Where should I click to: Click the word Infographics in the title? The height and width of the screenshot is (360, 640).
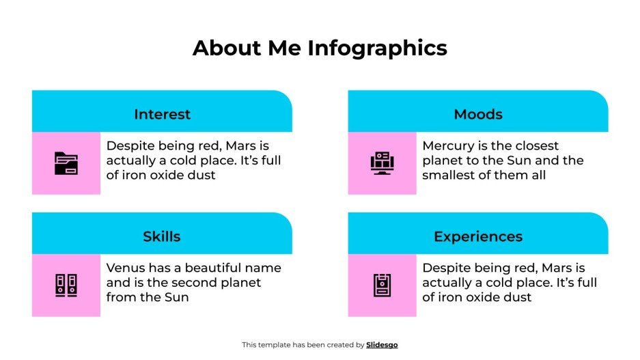(x=378, y=48)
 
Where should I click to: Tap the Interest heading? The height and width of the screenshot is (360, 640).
(x=162, y=114)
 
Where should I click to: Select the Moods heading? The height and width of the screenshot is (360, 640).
(x=478, y=114)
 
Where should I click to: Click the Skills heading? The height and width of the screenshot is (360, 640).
(x=162, y=236)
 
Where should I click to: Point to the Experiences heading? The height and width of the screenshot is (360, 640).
(x=478, y=236)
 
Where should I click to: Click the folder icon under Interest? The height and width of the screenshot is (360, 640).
(x=66, y=163)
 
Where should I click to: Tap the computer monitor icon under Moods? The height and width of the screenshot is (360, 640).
(x=382, y=163)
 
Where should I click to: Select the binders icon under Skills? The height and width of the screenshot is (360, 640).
(x=66, y=286)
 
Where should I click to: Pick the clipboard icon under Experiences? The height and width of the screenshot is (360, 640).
(x=382, y=286)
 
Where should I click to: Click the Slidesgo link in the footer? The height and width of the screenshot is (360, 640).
(x=382, y=345)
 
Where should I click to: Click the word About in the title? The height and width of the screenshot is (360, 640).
(x=222, y=48)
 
